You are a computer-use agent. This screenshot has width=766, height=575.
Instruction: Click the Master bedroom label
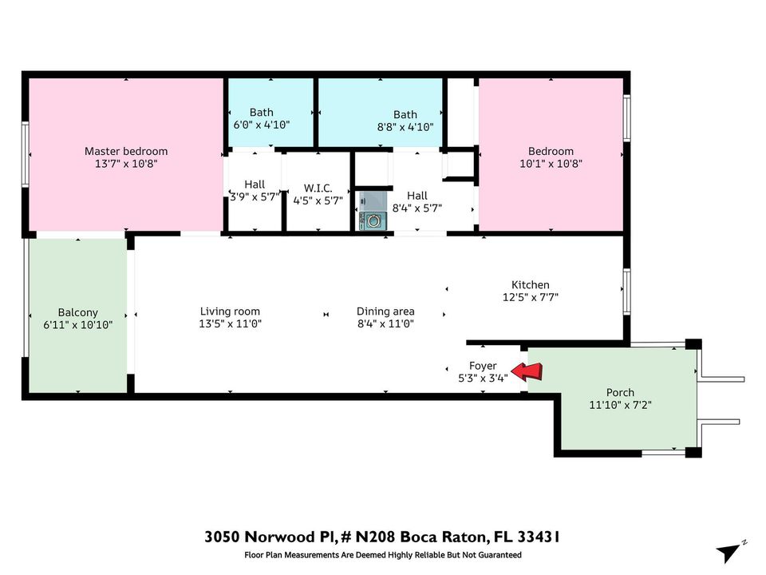point(126,151)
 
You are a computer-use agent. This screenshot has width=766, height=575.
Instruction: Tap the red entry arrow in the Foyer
point(527,372)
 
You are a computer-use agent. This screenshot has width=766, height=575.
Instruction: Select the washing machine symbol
point(373,221)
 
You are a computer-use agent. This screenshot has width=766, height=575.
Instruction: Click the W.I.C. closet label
point(318,188)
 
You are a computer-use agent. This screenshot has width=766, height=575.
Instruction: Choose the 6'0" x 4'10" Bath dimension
point(262,125)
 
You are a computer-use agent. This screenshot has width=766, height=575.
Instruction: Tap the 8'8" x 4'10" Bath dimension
point(405,127)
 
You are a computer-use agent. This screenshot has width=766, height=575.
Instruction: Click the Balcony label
point(78,312)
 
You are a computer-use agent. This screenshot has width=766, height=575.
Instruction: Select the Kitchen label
point(531,284)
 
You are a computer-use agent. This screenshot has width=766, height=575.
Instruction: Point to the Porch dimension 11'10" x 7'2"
point(621,405)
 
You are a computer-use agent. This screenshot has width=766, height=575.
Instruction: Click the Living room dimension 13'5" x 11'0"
point(230,323)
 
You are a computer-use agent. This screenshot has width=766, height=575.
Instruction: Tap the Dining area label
point(385,311)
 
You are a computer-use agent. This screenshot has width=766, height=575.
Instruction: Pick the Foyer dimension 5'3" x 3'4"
point(483,378)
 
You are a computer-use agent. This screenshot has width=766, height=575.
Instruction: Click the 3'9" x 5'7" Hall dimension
point(255,197)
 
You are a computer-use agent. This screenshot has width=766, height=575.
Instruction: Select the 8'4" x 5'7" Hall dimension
point(417,208)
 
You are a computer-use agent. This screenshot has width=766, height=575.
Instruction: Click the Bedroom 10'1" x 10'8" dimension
point(551,164)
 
